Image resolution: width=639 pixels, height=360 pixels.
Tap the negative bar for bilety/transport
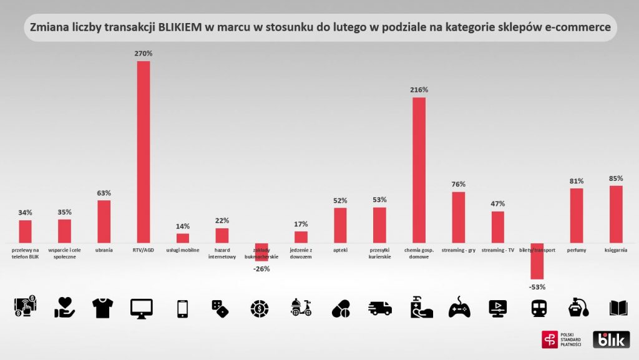pyautogui.click(x=537, y=261)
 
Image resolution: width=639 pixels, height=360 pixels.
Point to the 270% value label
pyautogui.click(x=144, y=54)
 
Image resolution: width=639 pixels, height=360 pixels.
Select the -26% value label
pyautogui.click(x=261, y=269)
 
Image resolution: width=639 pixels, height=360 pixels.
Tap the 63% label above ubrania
pyautogui.click(x=104, y=193)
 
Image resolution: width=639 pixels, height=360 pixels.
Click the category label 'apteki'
pyautogui.click(x=341, y=250)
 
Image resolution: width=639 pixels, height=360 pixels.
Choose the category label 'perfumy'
pyautogui.click(x=577, y=250)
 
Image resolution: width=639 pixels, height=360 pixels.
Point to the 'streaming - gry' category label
pyautogui.click(x=459, y=250)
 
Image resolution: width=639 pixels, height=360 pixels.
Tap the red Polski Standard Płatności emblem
pyautogui.click(x=550, y=339)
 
